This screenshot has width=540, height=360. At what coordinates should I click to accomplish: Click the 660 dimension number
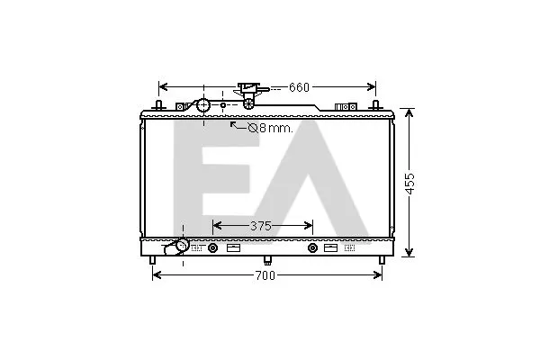pyautogui.click(x=299, y=87)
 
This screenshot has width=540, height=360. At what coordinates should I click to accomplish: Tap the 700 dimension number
pyautogui.click(x=265, y=275)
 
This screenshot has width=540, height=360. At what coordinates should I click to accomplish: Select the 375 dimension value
pyautogui.click(x=261, y=226)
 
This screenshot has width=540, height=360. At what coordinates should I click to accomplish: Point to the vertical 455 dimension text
pyautogui.click(x=410, y=184)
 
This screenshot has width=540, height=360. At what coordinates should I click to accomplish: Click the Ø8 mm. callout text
pyautogui.click(x=271, y=129)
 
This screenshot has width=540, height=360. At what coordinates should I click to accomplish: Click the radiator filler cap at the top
pyautogui.click(x=249, y=92)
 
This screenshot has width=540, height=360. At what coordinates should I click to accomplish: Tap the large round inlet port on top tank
pyautogui.click(x=203, y=104)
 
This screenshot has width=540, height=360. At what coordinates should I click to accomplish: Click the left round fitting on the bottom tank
pyautogui.click(x=212, y=247)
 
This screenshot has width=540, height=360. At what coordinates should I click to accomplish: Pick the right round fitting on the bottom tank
pyautogui.click(x=312, y=247)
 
